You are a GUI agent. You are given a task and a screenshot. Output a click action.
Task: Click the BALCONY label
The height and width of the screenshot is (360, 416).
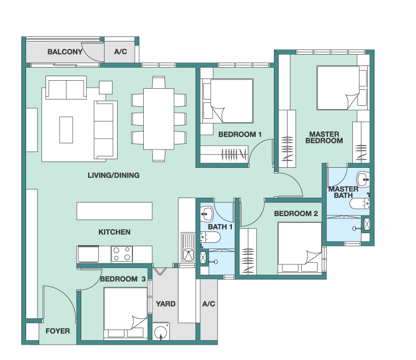pyautogui.click(x=65, y=52)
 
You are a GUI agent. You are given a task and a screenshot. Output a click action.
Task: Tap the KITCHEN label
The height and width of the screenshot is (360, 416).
pyautogui.click(x=114, y=232)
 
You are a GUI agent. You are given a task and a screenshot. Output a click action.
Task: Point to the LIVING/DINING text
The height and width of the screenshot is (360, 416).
pyautogui.click(x=114, y=175)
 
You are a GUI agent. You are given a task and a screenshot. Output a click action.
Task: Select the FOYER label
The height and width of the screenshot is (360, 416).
pyautogui.click(x=57, y=331)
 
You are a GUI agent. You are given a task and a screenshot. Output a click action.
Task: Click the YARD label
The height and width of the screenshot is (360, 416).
pyautogui.click(x=165, y=304)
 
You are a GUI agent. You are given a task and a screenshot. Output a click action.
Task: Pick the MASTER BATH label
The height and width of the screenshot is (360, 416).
pyautogui.click(x=343, y=192)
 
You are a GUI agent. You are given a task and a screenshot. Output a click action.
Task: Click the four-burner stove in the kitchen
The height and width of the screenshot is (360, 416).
pyautogui.click(x=122, y=254)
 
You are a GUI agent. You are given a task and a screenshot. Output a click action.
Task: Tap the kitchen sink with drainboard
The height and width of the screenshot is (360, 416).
pyautogui.click(x=188, y=247)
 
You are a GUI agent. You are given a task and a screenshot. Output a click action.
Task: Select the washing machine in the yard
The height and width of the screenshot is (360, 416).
pyautogui.click(x=161, y=331)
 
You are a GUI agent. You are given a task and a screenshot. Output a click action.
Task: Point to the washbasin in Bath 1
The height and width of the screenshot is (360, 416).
pyautogui.click(x=206, y=214)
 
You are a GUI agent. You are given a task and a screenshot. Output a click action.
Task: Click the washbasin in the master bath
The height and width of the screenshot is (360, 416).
pyautogui.click(x=363, y=180)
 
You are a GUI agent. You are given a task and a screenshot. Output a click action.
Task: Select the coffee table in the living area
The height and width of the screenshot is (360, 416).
pyautogui.click(x=66, y=130)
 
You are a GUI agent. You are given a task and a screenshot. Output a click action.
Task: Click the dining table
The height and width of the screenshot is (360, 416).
pyautogui.click(x=159, y=119)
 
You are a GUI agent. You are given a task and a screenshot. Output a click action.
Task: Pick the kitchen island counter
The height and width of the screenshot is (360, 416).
pyautogui.click(x=114, y=211)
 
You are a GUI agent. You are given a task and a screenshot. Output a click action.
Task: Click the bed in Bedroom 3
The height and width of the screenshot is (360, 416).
pyautogui.click(x=126, y=313)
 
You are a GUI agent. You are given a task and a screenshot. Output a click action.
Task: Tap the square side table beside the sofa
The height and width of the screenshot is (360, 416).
pyautogui.click(x=106, y=88)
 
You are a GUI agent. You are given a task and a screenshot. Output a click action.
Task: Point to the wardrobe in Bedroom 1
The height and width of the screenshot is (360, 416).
pyautogui.click(x=224, y=154)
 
